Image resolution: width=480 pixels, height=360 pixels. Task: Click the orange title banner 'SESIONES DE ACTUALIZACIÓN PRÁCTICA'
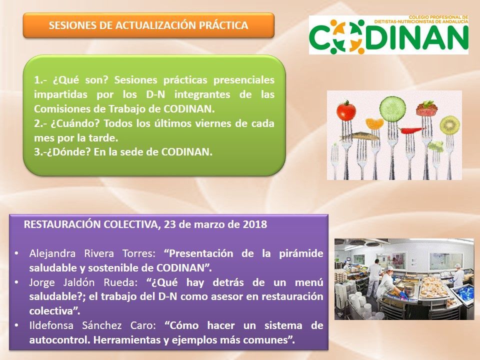coord(148,25)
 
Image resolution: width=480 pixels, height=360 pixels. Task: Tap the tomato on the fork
coord(346,110)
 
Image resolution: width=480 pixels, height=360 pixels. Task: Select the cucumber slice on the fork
coord(392,108)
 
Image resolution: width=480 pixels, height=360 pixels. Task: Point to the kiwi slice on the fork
coord(449,125)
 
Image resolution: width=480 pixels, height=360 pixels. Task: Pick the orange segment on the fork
coord(374,123)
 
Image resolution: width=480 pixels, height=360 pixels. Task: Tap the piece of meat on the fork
coord(426,108)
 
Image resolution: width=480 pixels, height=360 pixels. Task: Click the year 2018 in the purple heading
coord(255,224)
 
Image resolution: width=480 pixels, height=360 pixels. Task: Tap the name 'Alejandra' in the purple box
coord(52,253)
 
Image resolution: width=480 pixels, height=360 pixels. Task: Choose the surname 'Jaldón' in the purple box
coord(78,282)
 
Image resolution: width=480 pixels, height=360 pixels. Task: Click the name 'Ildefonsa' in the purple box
coord(51,325)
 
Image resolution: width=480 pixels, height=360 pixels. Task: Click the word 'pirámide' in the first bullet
coord(301,254)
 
